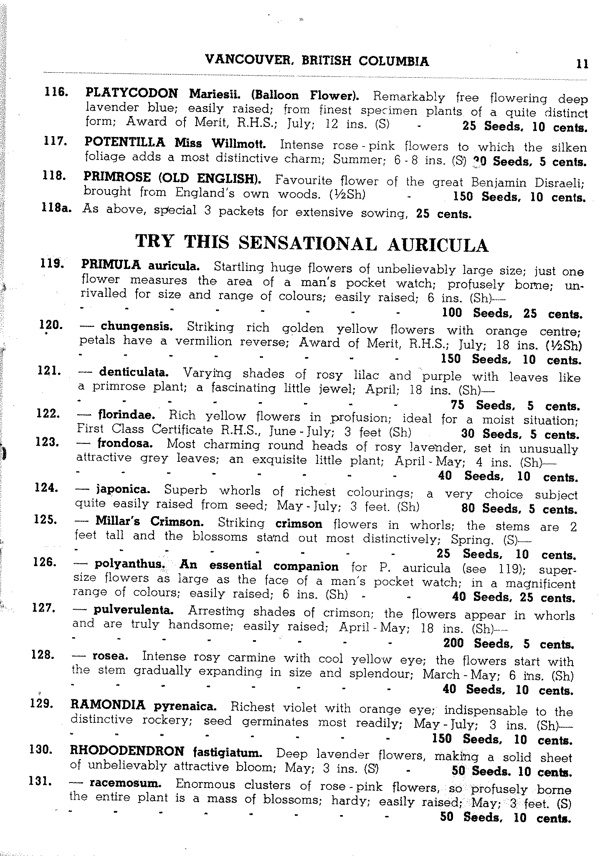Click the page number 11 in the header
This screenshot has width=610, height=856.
pos(582,64)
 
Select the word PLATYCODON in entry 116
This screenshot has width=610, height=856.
pos(132,93)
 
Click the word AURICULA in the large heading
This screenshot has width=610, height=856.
pos(438,245)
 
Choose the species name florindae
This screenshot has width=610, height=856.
pos(127,415)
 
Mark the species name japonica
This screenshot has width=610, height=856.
pos(123,489)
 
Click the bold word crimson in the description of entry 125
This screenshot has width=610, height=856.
pos(299,524)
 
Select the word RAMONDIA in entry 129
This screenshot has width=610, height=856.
pos(108,705)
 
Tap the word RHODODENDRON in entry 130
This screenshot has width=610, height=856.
pos(127,751)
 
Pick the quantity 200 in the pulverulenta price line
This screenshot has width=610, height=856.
pos(453,643)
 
